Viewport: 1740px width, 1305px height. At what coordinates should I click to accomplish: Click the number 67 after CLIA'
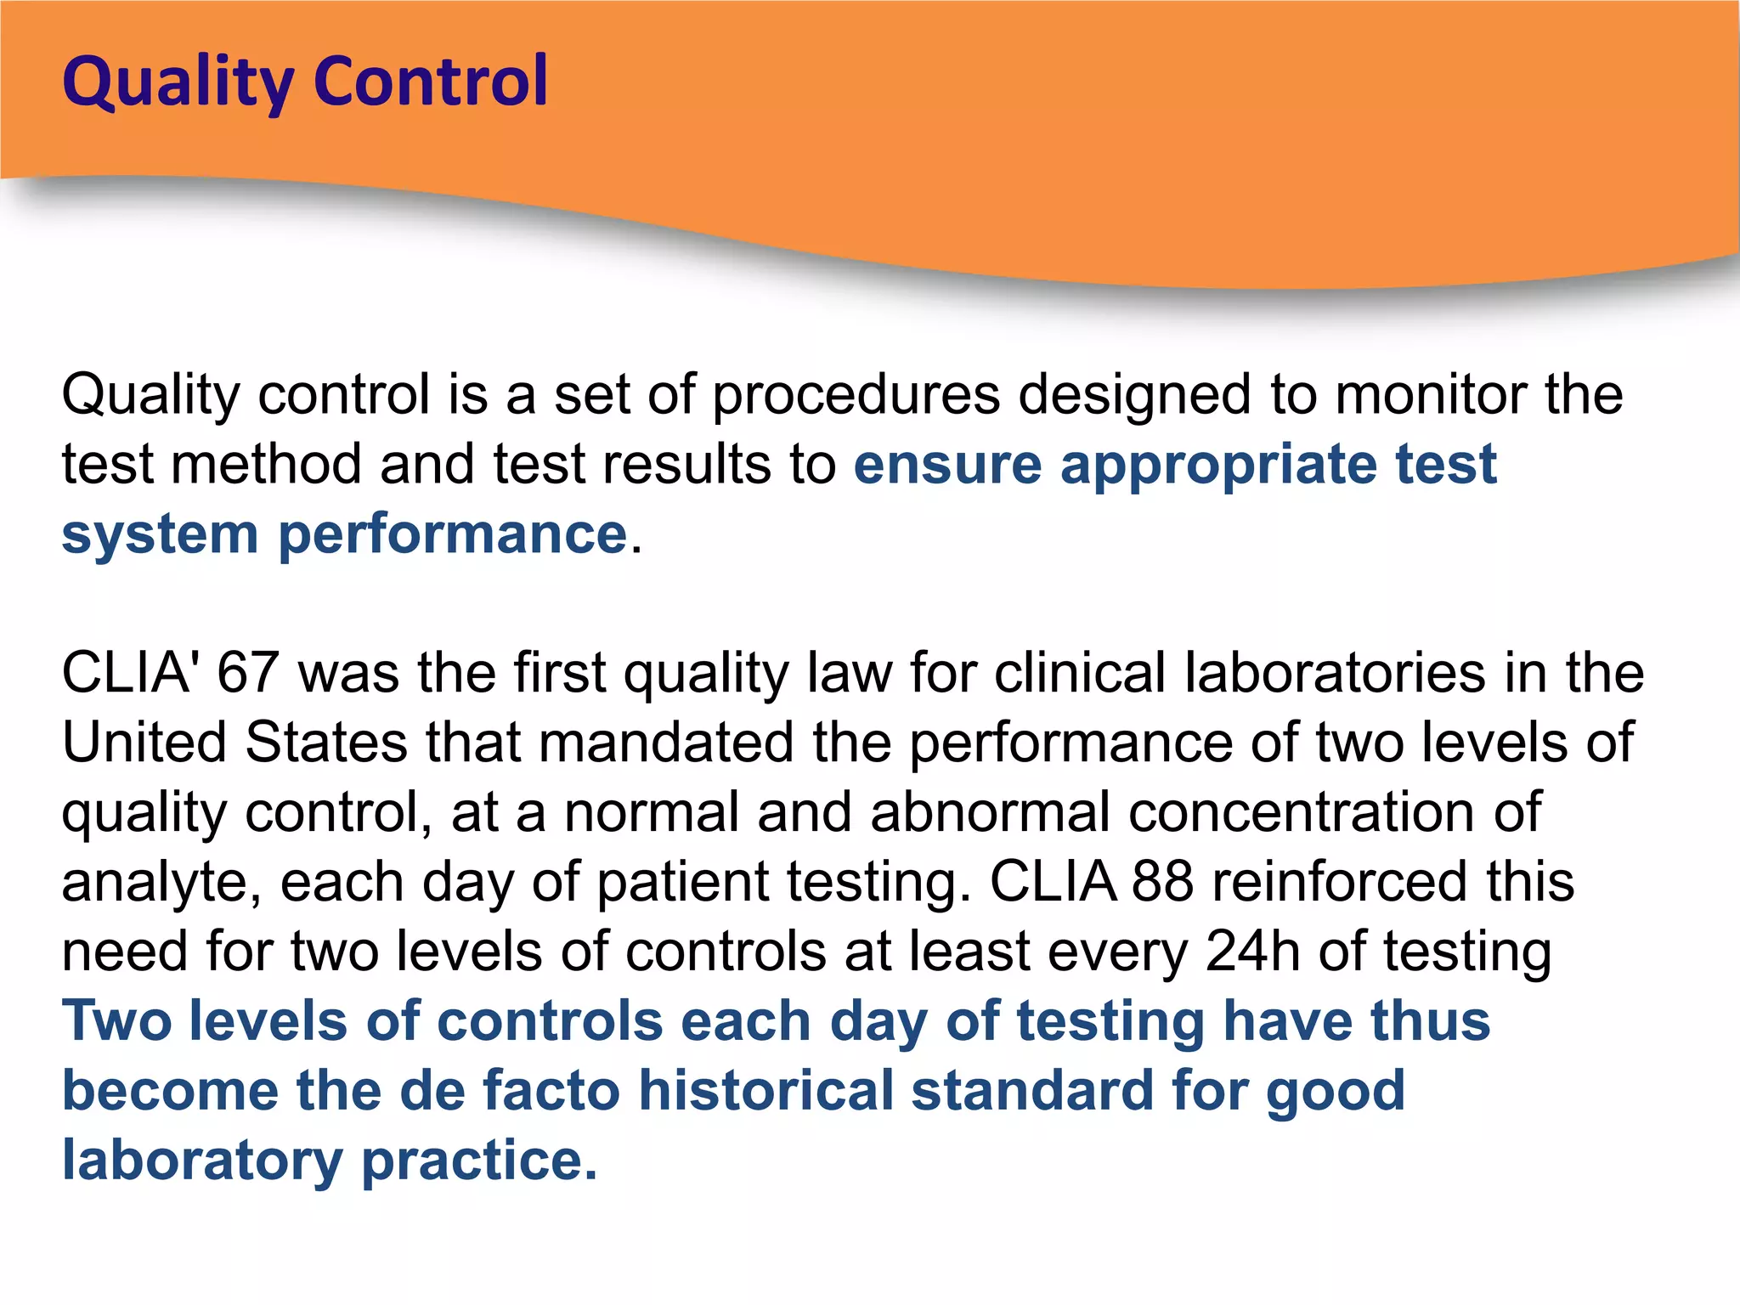tap(248, 673)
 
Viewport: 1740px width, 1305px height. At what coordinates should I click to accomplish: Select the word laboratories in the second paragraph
tap(1335, 673)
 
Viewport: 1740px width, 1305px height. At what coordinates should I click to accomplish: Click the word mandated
tap(665, 743)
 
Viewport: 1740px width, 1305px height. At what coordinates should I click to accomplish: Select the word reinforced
tap(1339, 882)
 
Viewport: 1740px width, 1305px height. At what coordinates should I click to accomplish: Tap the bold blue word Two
tap(117, 1021)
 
